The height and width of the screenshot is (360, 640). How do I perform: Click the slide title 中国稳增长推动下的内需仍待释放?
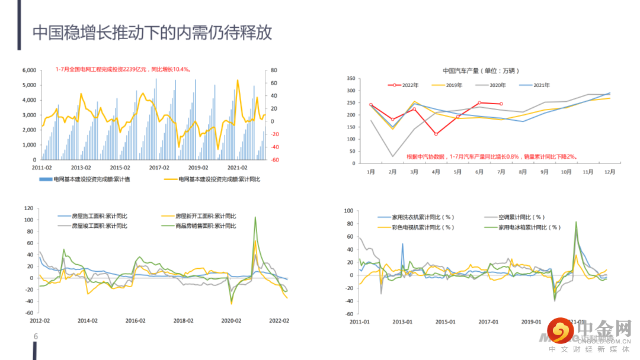[x=152, y=32]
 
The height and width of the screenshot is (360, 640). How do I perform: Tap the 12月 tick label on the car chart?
[x=609, y=172]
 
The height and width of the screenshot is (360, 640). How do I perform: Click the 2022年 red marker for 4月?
[x=436, y=134]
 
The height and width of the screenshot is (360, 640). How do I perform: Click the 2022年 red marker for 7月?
[x=501, y=104]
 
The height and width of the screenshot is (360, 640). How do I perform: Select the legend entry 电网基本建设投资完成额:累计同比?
[x=219, y=179]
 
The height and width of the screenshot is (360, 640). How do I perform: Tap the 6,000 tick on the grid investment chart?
[x=29, y=70]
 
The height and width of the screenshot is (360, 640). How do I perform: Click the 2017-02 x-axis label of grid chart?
[x=159, y=168]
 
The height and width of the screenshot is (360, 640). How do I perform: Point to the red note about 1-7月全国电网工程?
[x=123, y=69]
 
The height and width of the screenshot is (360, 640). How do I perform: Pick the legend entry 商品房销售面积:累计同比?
[x=206, y=226]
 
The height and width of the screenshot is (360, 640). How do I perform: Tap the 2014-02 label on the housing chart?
[x=88, y=320]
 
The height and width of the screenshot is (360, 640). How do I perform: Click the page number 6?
[x=36, y=337]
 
